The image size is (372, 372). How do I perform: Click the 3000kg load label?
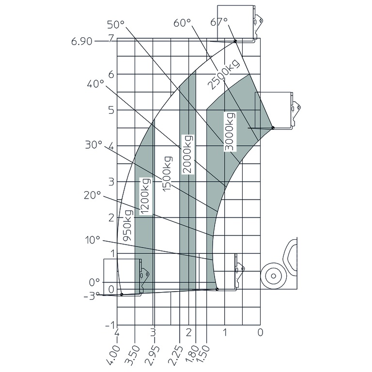click(x=229, y=132)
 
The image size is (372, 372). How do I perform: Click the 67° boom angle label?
click(x=219, y=22)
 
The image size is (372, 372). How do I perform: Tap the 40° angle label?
click(x=95, y=84)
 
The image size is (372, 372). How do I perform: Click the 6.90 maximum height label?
click(x=82, y=42)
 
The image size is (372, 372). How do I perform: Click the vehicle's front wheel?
click(x=274, y=276)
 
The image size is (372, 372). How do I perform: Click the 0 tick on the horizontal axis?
click(x=260, y=332)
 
